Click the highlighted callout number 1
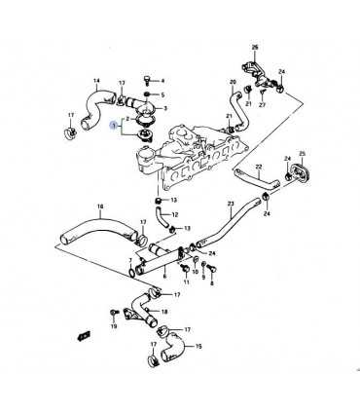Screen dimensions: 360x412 point(113,125)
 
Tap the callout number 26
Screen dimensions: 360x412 point(255,48)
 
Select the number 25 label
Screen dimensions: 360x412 point(302,153)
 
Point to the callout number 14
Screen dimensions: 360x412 point(96,81)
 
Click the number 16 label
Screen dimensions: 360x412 point(100,206)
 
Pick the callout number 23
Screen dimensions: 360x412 point(231,204)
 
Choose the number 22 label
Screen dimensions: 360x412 point(259,167)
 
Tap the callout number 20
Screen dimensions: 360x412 point(234,82)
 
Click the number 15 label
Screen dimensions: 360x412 point(198,347)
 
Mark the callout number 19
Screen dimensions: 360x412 point(113,326)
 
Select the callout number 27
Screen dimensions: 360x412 point(263,105)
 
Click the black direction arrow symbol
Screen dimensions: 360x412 point(84,336)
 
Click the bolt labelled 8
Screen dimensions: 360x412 point(212,269)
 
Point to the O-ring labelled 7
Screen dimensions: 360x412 point(131,273)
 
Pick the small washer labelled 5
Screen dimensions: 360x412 point(147,94)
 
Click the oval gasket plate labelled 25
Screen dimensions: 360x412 point(299,171)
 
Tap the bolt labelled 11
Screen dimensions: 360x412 point(185,268)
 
